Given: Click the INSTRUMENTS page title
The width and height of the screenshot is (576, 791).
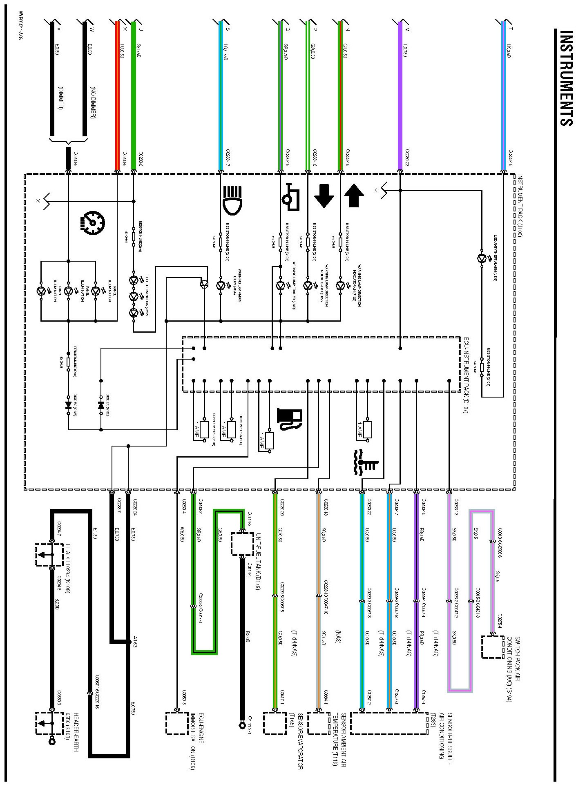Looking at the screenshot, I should pyautogui.click(x=566, y=78).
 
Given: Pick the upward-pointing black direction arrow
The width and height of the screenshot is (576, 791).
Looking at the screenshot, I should pyautogui.click(x=354, y=196).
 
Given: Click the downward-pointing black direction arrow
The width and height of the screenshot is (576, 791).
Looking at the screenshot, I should pyautogui.click(x=324, y=196).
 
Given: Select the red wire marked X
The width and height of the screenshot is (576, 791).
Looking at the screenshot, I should pyautogui.click(x=117, y=94).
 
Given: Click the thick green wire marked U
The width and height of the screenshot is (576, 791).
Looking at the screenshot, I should pyautogui.click(x=133, y=94).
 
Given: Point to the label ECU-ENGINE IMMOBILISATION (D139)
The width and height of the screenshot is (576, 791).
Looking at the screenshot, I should pyautogui.click(x=196, y=741).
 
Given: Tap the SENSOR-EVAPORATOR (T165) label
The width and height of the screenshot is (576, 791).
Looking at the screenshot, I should pyautogui.click(x=297, y=741).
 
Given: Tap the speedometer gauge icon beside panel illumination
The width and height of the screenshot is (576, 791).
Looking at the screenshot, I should pyautogui.click(x=94, y=223).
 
